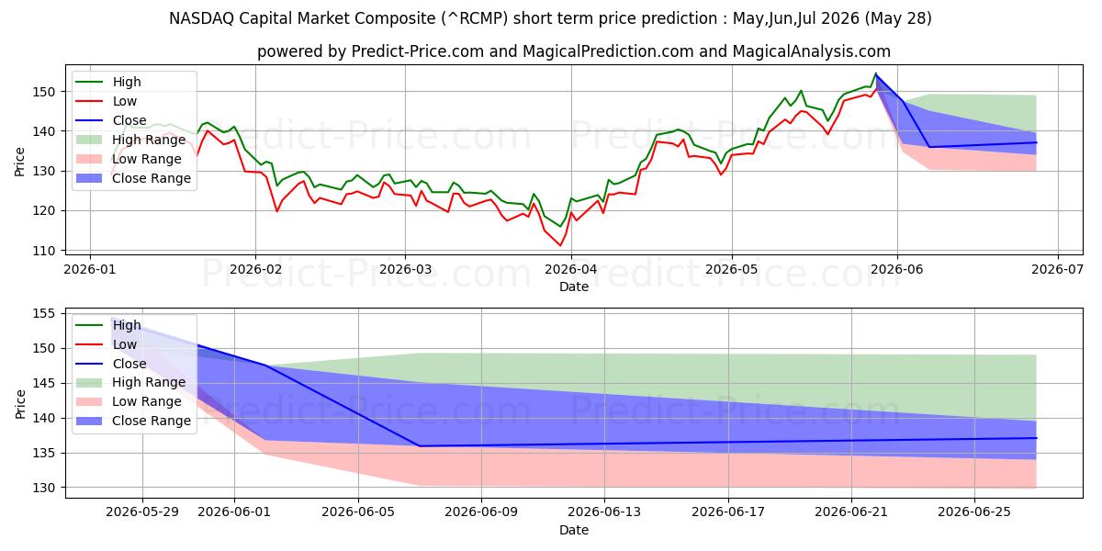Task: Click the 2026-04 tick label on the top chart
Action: (x=571, y=270)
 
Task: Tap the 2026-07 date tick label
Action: (x=1057, y=270)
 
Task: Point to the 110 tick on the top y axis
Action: (x=44, y=251)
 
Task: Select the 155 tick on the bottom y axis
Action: (x=44, y=314)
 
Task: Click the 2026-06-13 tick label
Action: (x=604, y=512)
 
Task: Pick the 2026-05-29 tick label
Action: (x=142, y=512)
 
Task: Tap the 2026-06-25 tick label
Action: (x=974, y=512)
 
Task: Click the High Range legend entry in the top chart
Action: (x=130, y=140)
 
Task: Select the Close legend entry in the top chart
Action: (x=111, y=120)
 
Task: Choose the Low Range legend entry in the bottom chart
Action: (x=129, y=401)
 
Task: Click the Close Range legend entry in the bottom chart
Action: (x=133, y=421)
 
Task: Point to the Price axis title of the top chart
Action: (x=19, y=162)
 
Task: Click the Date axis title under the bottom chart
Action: (x=574, y=530)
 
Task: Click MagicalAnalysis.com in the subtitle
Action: (x=811, y=51)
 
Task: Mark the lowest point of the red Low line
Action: (x=560, y=245)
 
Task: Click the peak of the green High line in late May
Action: (x=876, y=73)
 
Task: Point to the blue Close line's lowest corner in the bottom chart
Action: (x=420, y=446)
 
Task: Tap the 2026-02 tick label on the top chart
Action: (x=255, y=270)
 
